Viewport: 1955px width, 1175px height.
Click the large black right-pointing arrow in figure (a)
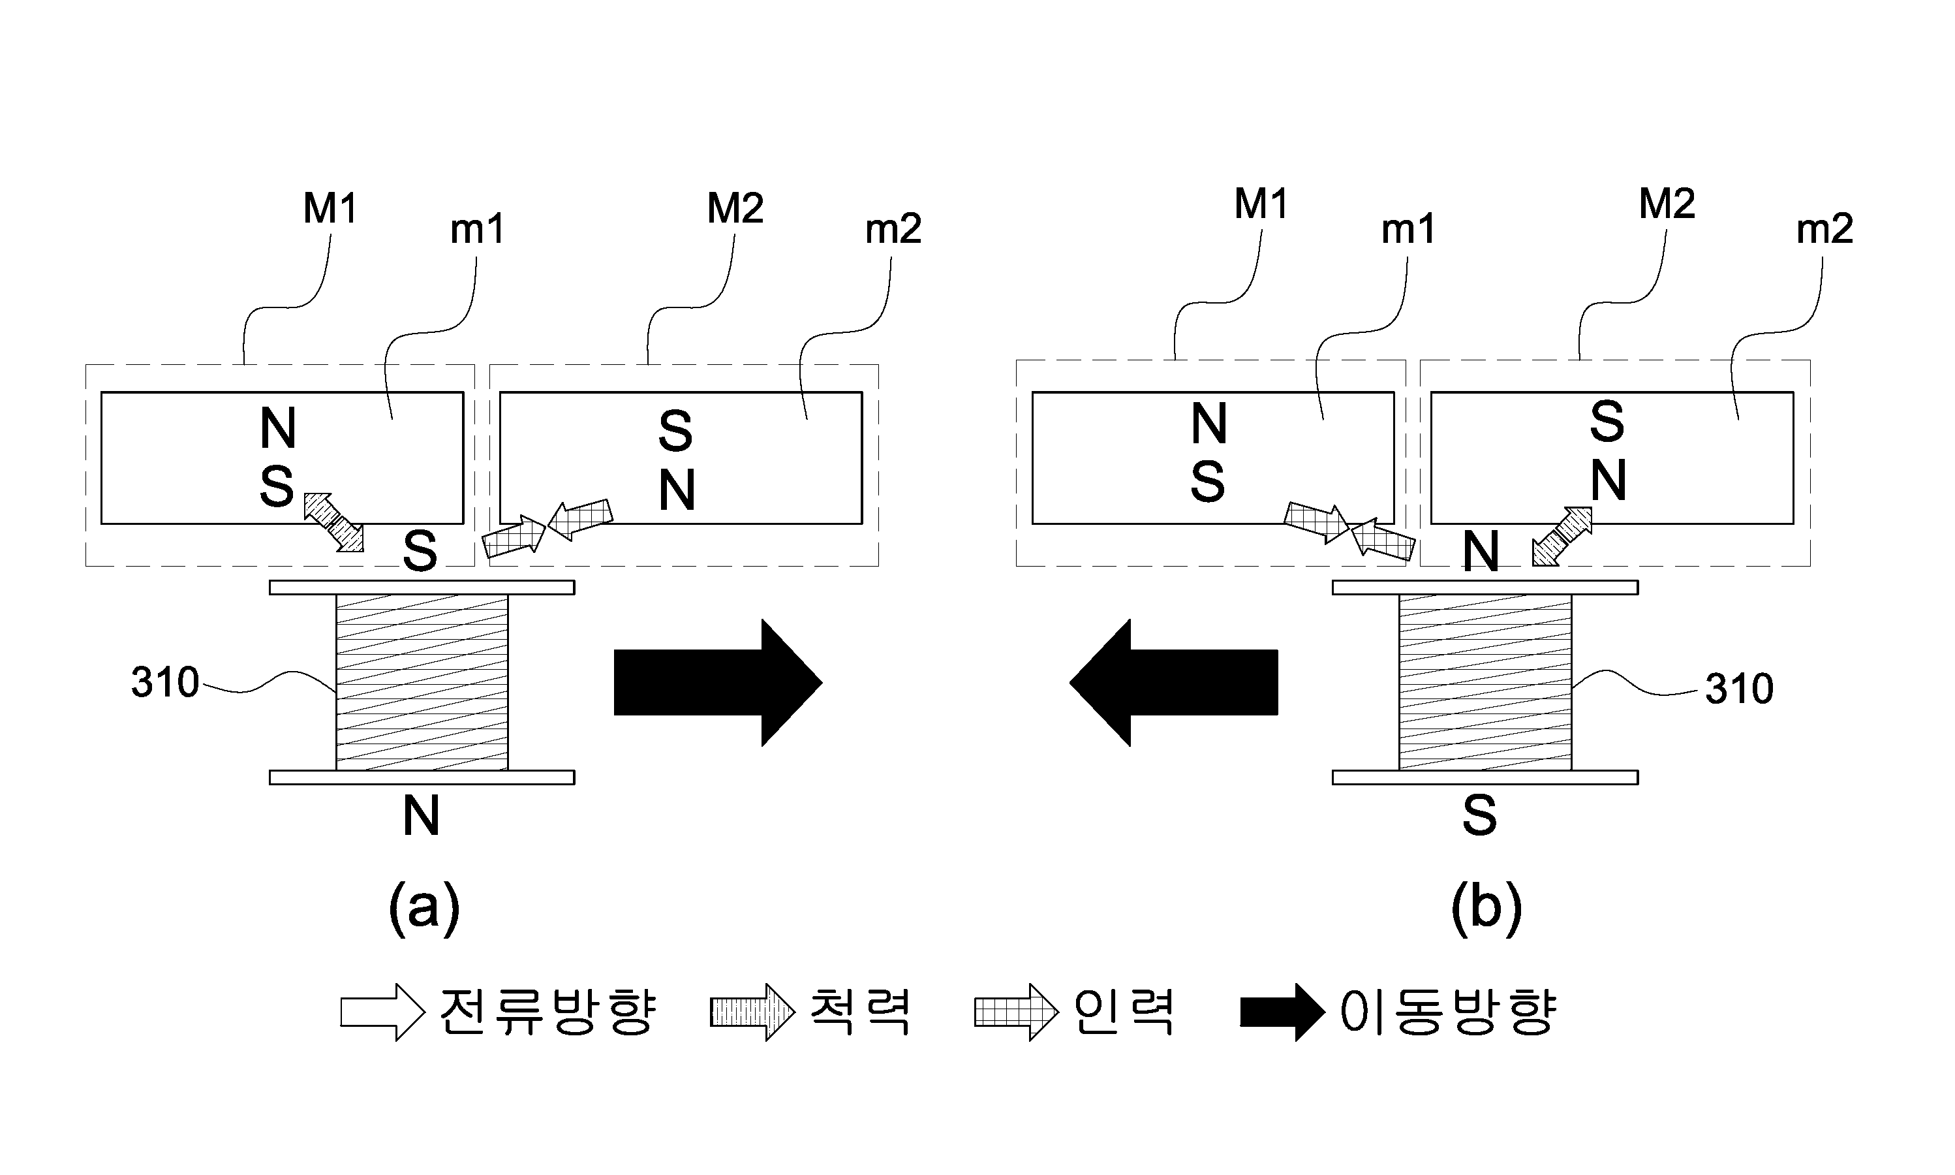tap(718, 683)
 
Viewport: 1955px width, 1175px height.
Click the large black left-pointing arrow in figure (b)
tap(1174, 683)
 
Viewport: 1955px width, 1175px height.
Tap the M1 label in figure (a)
tap(330, 208)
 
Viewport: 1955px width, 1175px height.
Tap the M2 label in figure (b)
tap(1667, 204)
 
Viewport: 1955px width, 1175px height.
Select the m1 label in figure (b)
tap(1408, 230)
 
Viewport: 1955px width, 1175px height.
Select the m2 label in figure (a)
tap(893, 230)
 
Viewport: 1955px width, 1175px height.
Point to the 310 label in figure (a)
tap(164, 683)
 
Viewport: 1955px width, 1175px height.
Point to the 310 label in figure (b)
tap(1739, 689)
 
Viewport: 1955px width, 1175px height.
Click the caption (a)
tap(424, 909)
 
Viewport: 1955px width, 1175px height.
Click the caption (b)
tap(1486, 909)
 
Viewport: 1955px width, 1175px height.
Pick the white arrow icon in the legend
tap(383, 1012)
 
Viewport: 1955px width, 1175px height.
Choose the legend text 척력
tap(859, 1012)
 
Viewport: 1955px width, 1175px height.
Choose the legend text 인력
tap(1123, 1012)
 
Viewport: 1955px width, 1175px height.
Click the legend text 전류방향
tap(547, 1012)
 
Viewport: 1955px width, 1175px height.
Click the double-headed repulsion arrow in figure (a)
tap(334, 522)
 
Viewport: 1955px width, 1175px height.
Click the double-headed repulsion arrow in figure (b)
tap(1562, 536)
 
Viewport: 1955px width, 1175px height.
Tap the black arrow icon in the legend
tap(1282, 1012)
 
